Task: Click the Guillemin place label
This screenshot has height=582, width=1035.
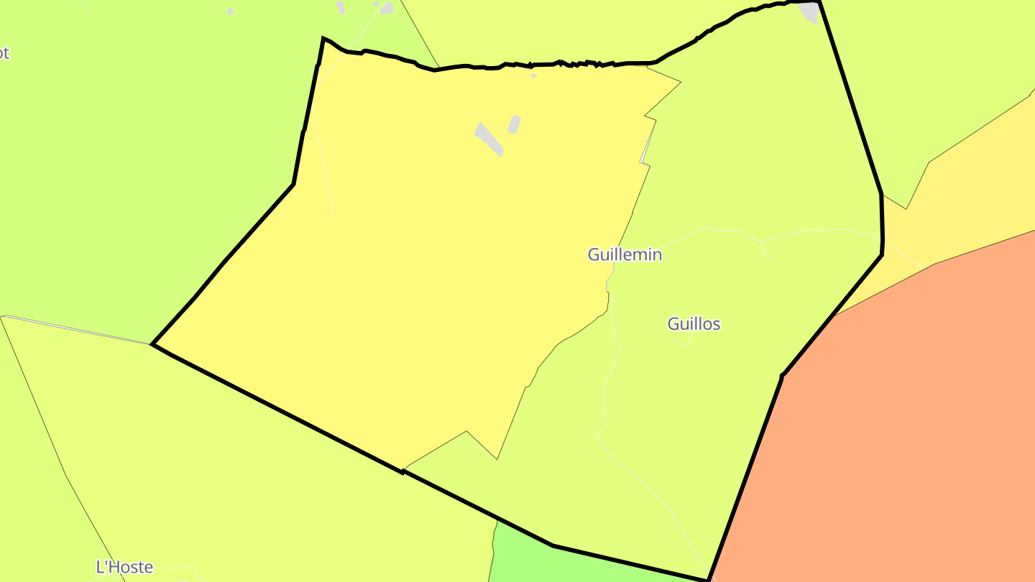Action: coord(625,254)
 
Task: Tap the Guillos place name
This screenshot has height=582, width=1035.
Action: coord(694,324)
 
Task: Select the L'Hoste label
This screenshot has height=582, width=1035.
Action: coord(124,567)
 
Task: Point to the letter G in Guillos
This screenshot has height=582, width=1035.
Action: coord(673,324)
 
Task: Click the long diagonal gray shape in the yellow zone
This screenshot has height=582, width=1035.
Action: coord(489,139)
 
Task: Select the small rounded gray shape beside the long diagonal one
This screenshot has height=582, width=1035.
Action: coord(514,124)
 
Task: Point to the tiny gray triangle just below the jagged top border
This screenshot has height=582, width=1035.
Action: coord(533,75)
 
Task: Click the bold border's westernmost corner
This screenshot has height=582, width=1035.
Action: coord(152,344)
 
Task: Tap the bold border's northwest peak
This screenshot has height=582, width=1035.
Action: coord(323,38)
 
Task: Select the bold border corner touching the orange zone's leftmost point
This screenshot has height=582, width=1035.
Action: coord(782,374)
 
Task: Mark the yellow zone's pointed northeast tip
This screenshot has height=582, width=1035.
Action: coord(680,83)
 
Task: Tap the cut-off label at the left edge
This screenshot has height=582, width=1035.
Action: coord(4,53)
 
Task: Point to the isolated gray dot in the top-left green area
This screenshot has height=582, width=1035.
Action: coord(230,11)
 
